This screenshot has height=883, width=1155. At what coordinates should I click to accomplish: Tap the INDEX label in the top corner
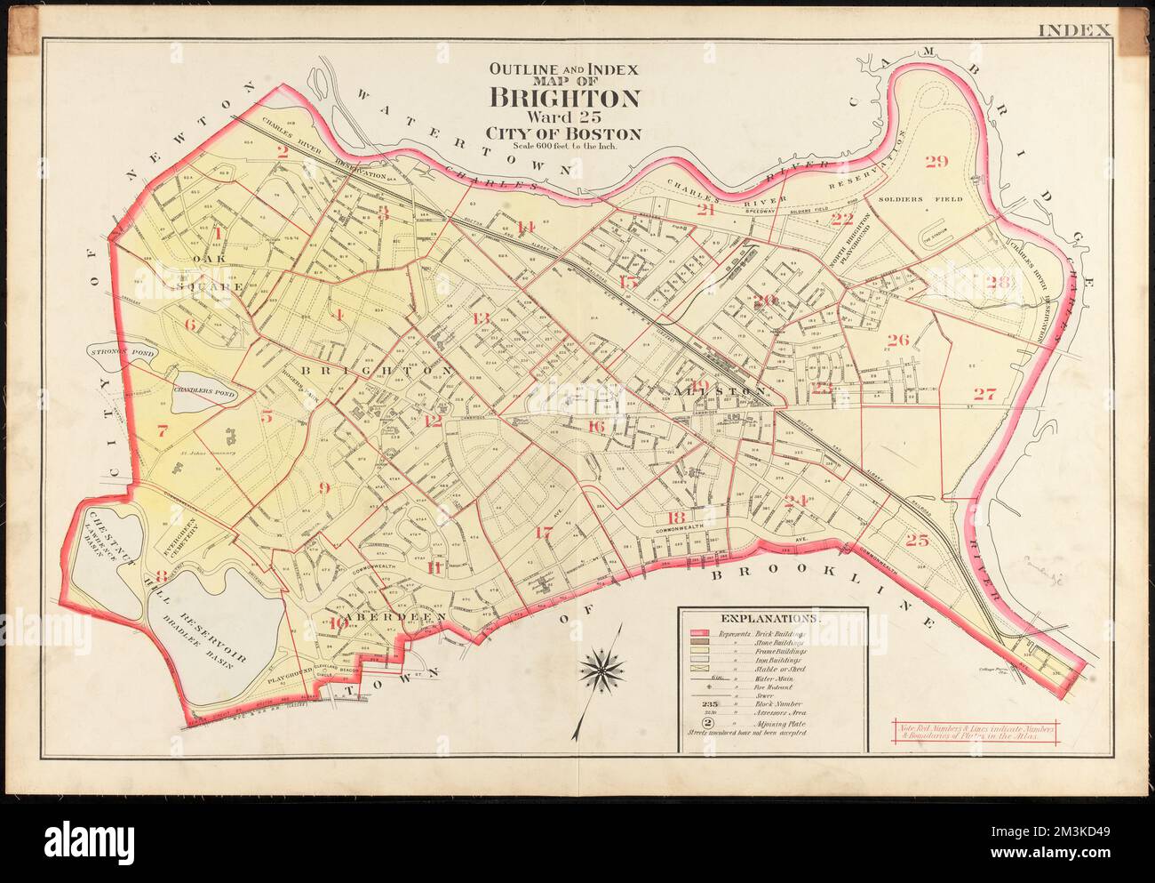[1075, 29]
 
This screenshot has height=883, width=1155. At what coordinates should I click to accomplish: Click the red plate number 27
[984, 394]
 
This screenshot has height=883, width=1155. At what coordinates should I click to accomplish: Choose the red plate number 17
[544, 534]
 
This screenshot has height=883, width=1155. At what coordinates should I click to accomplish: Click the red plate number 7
[162, 432]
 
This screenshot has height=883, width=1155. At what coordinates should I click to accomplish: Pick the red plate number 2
[283, 151]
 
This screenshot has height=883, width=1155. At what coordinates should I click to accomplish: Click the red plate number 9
[323, 486]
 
